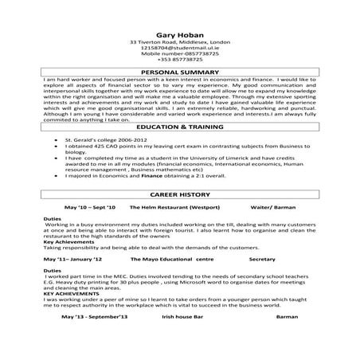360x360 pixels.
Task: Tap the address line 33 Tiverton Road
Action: [179, 41]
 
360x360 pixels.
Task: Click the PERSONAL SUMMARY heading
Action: [179, 72]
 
